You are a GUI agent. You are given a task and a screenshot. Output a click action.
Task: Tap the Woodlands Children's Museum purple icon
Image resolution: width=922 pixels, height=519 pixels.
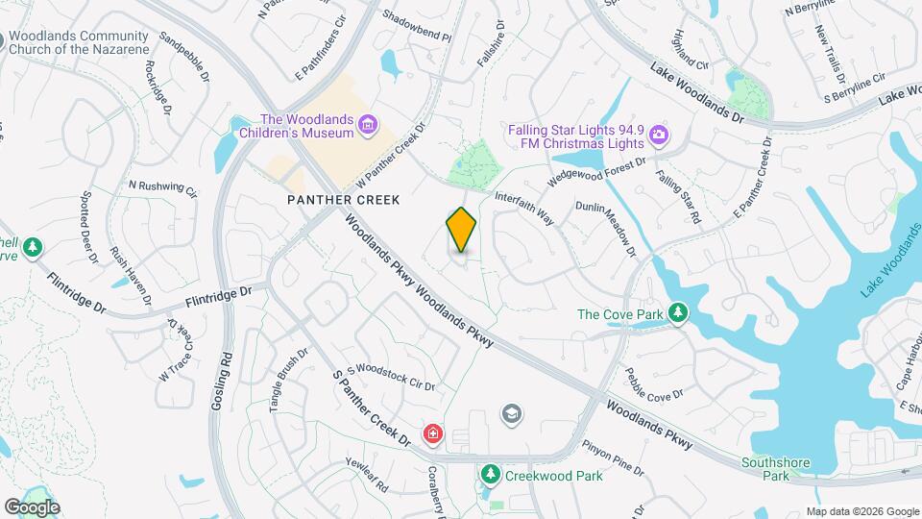(367, 124)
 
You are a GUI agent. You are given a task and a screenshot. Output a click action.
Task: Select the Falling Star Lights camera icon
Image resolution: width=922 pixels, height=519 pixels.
(658, 134)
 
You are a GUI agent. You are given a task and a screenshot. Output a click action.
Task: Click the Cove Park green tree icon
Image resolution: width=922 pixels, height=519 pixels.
(679, 313)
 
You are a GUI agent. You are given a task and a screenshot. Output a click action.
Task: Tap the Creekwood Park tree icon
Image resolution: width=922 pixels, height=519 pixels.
(490, 475)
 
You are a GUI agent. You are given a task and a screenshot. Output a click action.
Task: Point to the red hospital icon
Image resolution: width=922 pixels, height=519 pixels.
(434, 435)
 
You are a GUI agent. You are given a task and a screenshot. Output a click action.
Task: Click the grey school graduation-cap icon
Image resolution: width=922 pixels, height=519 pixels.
(512, 414)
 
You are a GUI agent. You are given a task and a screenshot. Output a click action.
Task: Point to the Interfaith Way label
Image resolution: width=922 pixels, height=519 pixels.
(524, 208)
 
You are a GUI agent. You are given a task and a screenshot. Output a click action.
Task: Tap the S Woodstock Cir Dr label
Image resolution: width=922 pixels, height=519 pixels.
(391, 375)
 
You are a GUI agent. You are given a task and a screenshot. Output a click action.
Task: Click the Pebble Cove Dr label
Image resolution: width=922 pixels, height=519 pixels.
(653, 383)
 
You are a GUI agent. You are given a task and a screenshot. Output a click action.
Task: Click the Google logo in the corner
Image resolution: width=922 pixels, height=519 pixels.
(31, 507)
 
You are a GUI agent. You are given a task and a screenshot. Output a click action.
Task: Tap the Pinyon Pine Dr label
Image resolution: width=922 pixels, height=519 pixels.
(613, 457)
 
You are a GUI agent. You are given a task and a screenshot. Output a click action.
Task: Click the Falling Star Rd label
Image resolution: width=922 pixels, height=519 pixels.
(678, 198)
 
